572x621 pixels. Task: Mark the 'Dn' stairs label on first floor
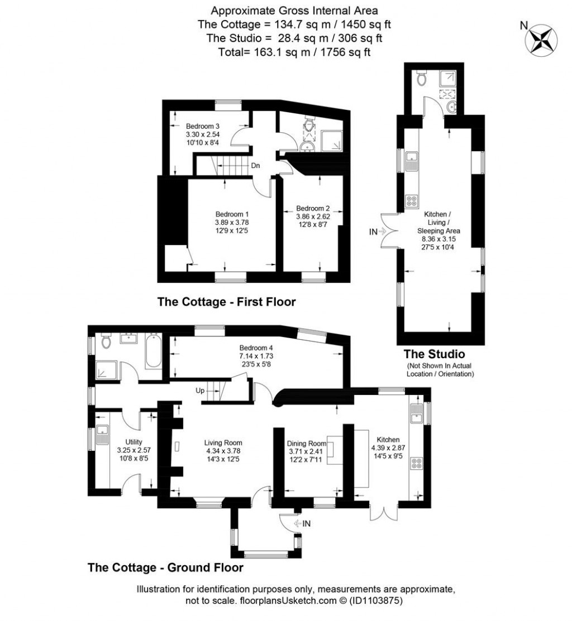tap(255, 166)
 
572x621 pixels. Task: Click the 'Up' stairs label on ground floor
tap(199, 391)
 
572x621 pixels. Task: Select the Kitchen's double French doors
tap(384, 511)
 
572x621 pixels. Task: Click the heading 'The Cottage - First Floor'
tap(226, 302)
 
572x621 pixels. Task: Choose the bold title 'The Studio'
tap(434, 354)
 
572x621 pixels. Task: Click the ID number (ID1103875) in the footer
tap(375, 601)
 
